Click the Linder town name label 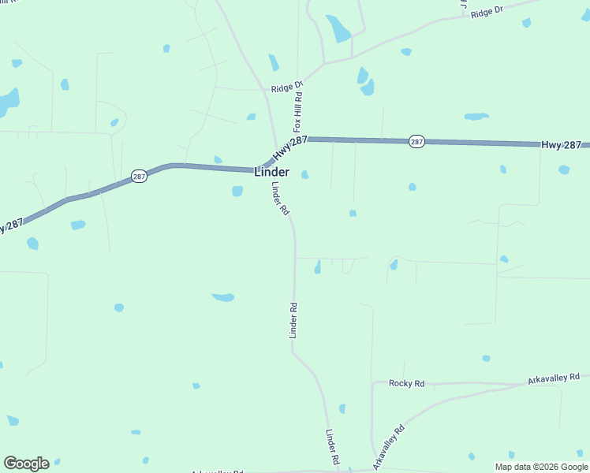(271, 172)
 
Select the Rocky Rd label (407, 383)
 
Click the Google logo (26, 464)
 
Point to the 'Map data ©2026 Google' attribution (542, 467)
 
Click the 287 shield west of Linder (139, 177)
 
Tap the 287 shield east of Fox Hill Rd (417, 142)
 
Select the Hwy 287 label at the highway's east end (561, 145)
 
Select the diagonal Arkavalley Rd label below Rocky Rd (388, 448)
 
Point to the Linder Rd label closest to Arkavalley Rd (333, 447)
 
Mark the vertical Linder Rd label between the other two (293, 321)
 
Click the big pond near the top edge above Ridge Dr (340, 29)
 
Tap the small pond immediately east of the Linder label (304, 174)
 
